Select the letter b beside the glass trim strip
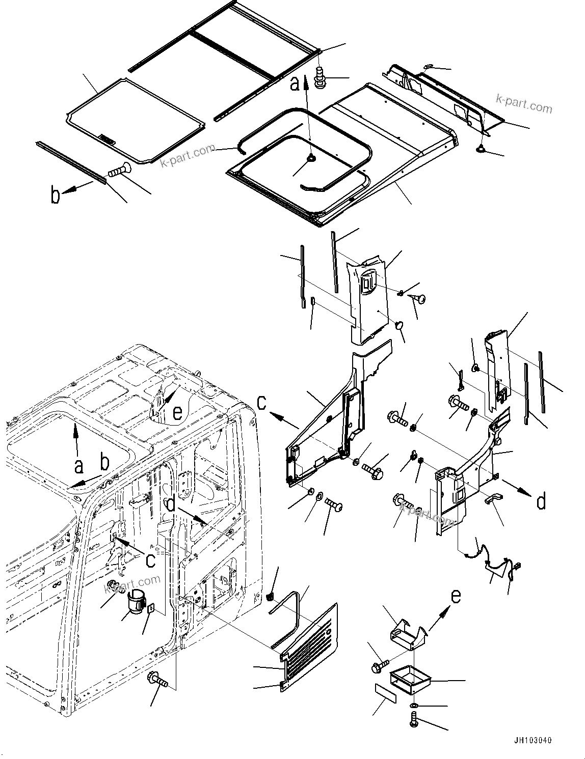(x=55, y=195)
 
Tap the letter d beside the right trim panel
(x=541, y=501)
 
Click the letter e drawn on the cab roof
(x=177, y=413)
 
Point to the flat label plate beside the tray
(x=385, y=693)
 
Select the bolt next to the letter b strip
(x=118, y=171)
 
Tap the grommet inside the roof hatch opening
(x=310, y=159)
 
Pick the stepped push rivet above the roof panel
(x=321, y=77)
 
